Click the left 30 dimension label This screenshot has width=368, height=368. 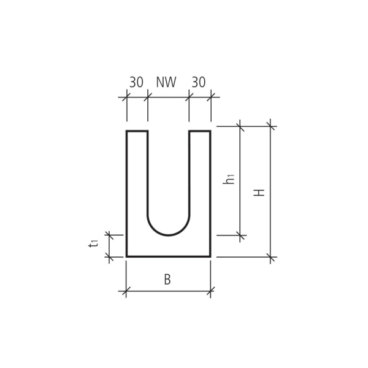pos(136,82)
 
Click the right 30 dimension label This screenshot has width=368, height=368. pos(198,82)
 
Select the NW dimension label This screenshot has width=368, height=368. pos(166,82)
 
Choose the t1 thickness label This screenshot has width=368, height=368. pos(93,243)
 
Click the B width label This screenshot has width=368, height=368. pos(167,280)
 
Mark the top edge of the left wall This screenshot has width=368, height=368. pos(137,131)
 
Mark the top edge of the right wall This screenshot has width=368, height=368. pos(200,131)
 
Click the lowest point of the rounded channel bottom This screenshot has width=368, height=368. pos(169,235)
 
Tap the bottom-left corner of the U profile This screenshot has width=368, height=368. pos(127,256)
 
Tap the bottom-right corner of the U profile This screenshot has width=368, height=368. pos(210,256)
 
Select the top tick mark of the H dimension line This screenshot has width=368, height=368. pos(270,126)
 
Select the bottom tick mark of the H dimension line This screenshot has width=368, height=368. pos(270,257)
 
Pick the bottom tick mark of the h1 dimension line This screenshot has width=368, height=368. pos(240,235)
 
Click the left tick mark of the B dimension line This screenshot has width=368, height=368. pos(126,291)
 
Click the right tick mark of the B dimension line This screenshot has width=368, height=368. pos(210,291)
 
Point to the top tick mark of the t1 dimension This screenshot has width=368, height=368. pos(110,235)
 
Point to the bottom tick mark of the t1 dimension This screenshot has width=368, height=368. pos(110,257)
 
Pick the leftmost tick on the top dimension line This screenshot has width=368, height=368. pos(127,96)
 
